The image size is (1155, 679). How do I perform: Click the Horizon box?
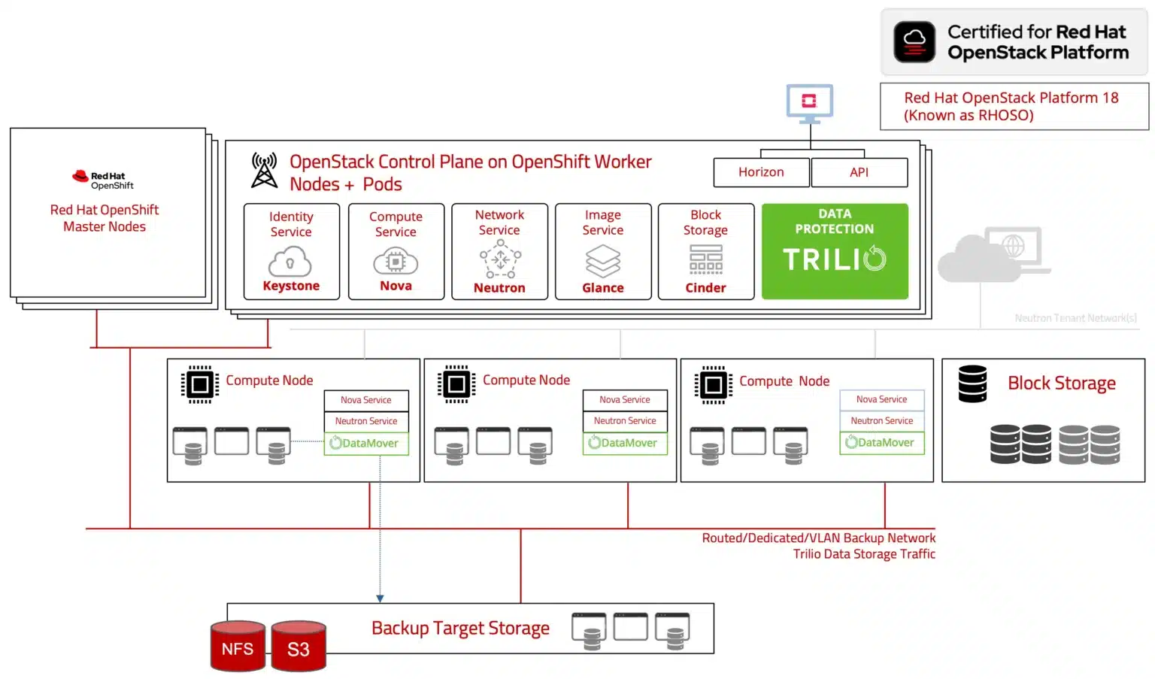[761, 172]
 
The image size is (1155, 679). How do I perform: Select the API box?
[859, 172]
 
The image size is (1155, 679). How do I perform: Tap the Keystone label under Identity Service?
[291, 286]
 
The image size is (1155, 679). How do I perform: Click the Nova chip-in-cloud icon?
[396, 262]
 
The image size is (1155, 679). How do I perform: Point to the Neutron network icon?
[500, 260]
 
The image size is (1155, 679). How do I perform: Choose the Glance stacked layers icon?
[603, 261]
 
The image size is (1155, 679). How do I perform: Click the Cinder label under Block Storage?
[705, 287]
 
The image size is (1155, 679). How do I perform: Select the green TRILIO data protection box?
[835, 251]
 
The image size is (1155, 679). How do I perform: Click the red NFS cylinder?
[238, 647]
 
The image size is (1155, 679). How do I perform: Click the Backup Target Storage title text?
[460, 628]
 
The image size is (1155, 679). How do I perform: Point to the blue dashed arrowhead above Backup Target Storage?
[380, 599]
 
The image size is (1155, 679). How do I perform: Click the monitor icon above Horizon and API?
[809, 103]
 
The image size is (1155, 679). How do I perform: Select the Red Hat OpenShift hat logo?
[80, 177]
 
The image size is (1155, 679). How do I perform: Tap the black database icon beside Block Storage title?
[972, 383]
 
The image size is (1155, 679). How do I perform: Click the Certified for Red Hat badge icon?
[914, 41]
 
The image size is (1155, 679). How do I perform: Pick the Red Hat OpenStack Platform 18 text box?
[1014, 106]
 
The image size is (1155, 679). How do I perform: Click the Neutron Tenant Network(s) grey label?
[1075, 318]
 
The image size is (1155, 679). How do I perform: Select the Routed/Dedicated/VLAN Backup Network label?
[818, 538]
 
